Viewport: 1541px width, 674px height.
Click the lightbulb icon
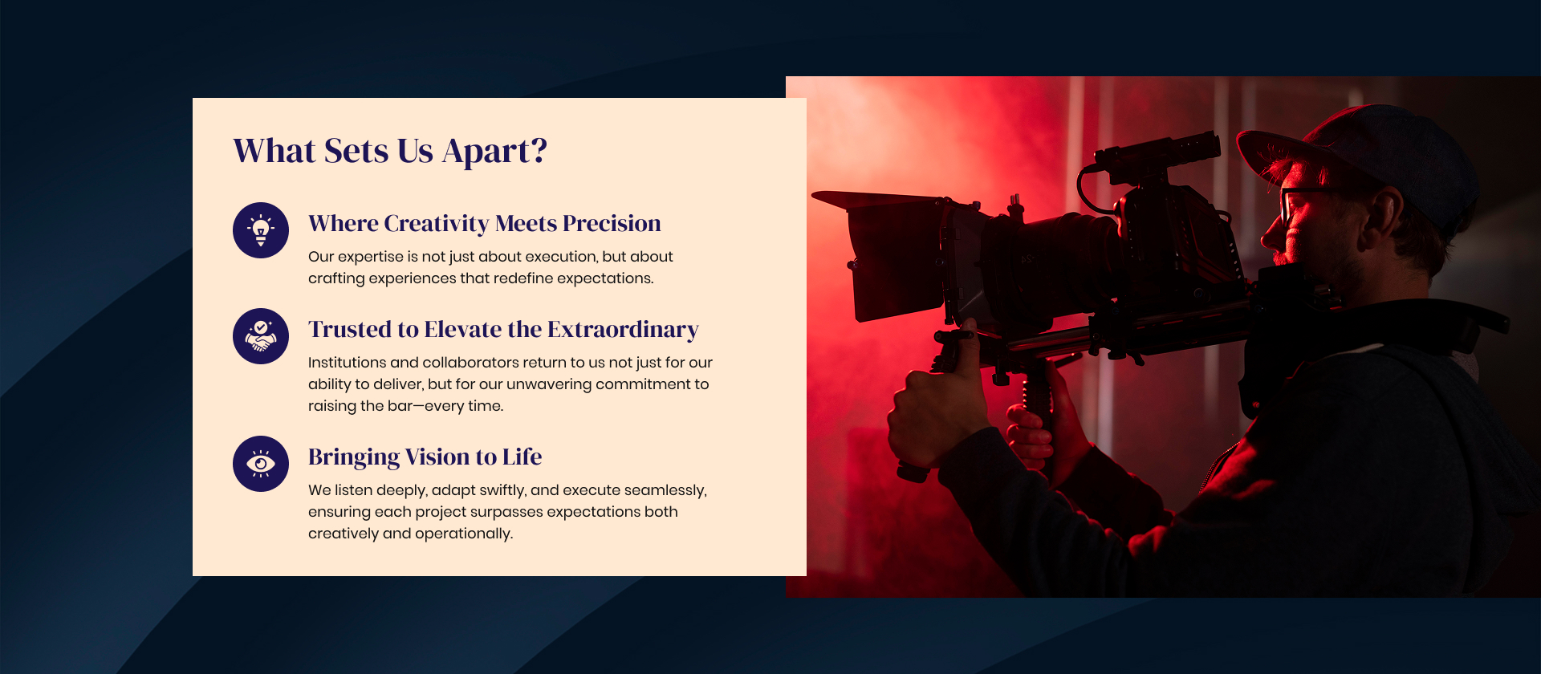261,230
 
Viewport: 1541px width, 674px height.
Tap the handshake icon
261,336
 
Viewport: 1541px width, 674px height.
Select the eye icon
261,464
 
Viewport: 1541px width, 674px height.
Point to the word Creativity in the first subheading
437,224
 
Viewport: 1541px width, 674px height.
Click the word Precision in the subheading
612,223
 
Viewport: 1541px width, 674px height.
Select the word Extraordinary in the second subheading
624,330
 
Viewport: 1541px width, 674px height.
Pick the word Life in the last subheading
522,457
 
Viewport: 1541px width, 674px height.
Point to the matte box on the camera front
891,253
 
